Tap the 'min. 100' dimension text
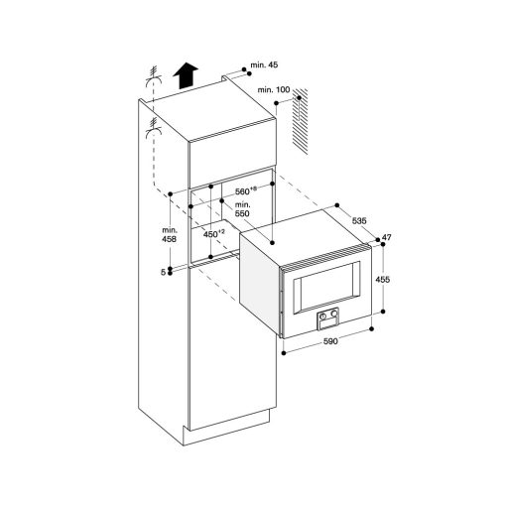pos(273,90)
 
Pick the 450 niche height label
pos(212,235)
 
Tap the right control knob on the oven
pos(334,317)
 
